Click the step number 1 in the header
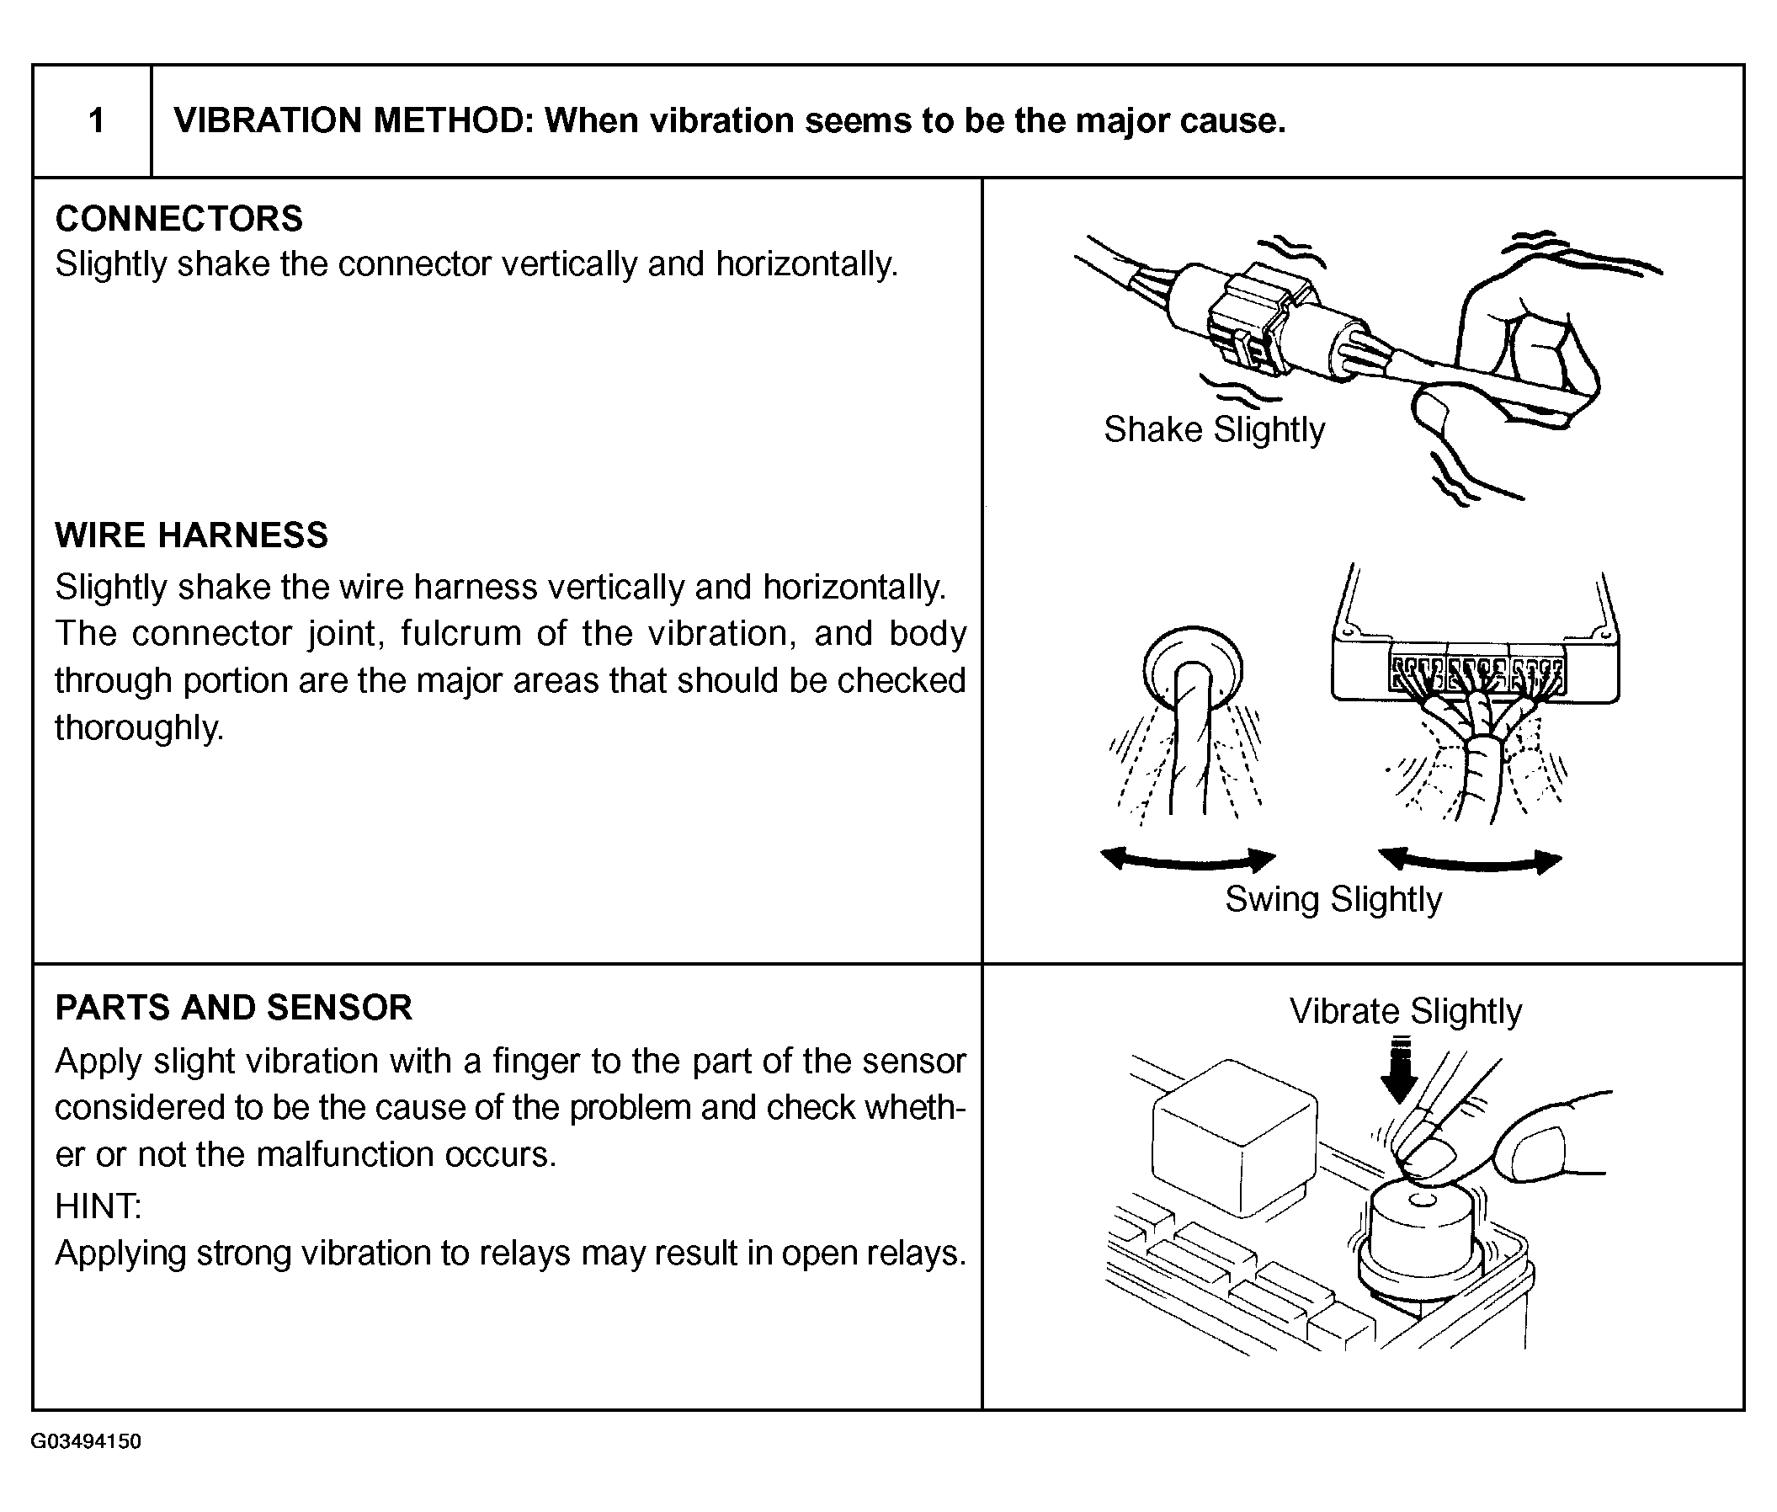point(96,121)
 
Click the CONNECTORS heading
point(178,219)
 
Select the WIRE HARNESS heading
point(191,535)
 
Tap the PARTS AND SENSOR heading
point(233,1007)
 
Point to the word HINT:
point(98,1207)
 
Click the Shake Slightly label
point(1213,429)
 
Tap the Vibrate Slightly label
point(1405,1011)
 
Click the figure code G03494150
point(86,1440)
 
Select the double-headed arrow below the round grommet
point(1187,859)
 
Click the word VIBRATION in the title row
point(267,121)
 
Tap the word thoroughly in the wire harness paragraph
point(139,727)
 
